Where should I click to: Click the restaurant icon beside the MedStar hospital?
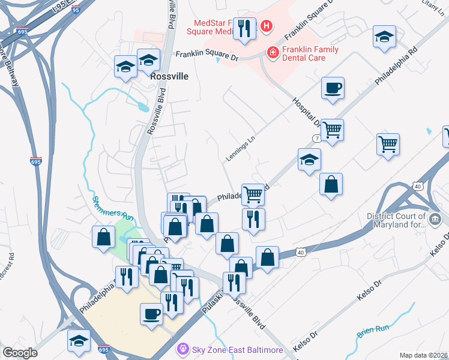click(244, 28)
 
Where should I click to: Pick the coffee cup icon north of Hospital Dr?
click(333, 89)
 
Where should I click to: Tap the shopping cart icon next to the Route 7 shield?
click(332, 129)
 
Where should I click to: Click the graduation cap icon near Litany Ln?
click(384, 37)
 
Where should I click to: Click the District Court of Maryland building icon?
click(434, 220)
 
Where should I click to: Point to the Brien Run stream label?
click(373, 329)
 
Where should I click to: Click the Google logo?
click(20, 352)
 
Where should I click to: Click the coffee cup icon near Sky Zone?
click(151, 314)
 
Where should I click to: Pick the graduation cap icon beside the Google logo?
click(78, 341)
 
